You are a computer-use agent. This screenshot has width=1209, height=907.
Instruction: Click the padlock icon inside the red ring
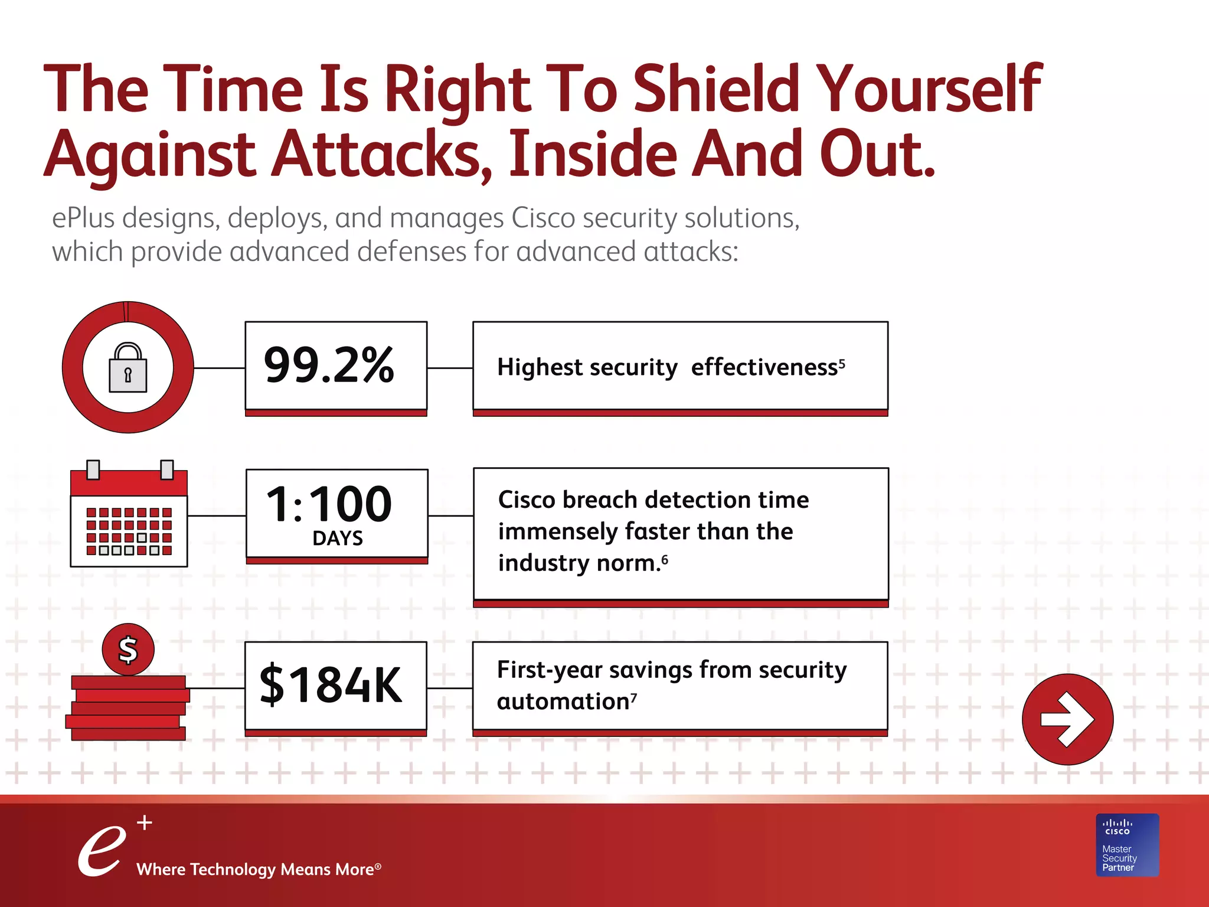128,368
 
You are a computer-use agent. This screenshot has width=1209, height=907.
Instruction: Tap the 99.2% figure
329,366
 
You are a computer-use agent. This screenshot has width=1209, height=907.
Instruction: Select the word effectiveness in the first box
764,367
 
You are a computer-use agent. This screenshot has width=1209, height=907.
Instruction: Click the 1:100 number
329,504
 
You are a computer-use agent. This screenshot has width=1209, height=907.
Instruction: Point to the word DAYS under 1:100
337,538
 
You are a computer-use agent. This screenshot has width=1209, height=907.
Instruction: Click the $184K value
331,685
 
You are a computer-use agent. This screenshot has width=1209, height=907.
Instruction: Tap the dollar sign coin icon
128,650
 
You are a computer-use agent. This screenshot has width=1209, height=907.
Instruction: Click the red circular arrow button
1067,719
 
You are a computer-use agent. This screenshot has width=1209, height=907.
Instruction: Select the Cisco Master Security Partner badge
1127,845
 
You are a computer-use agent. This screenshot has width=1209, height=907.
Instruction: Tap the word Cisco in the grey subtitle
543,218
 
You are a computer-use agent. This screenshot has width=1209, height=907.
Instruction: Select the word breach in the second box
599,500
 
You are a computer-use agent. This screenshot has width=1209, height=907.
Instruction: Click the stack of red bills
128,709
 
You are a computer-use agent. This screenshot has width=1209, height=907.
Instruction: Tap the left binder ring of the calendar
93,470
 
